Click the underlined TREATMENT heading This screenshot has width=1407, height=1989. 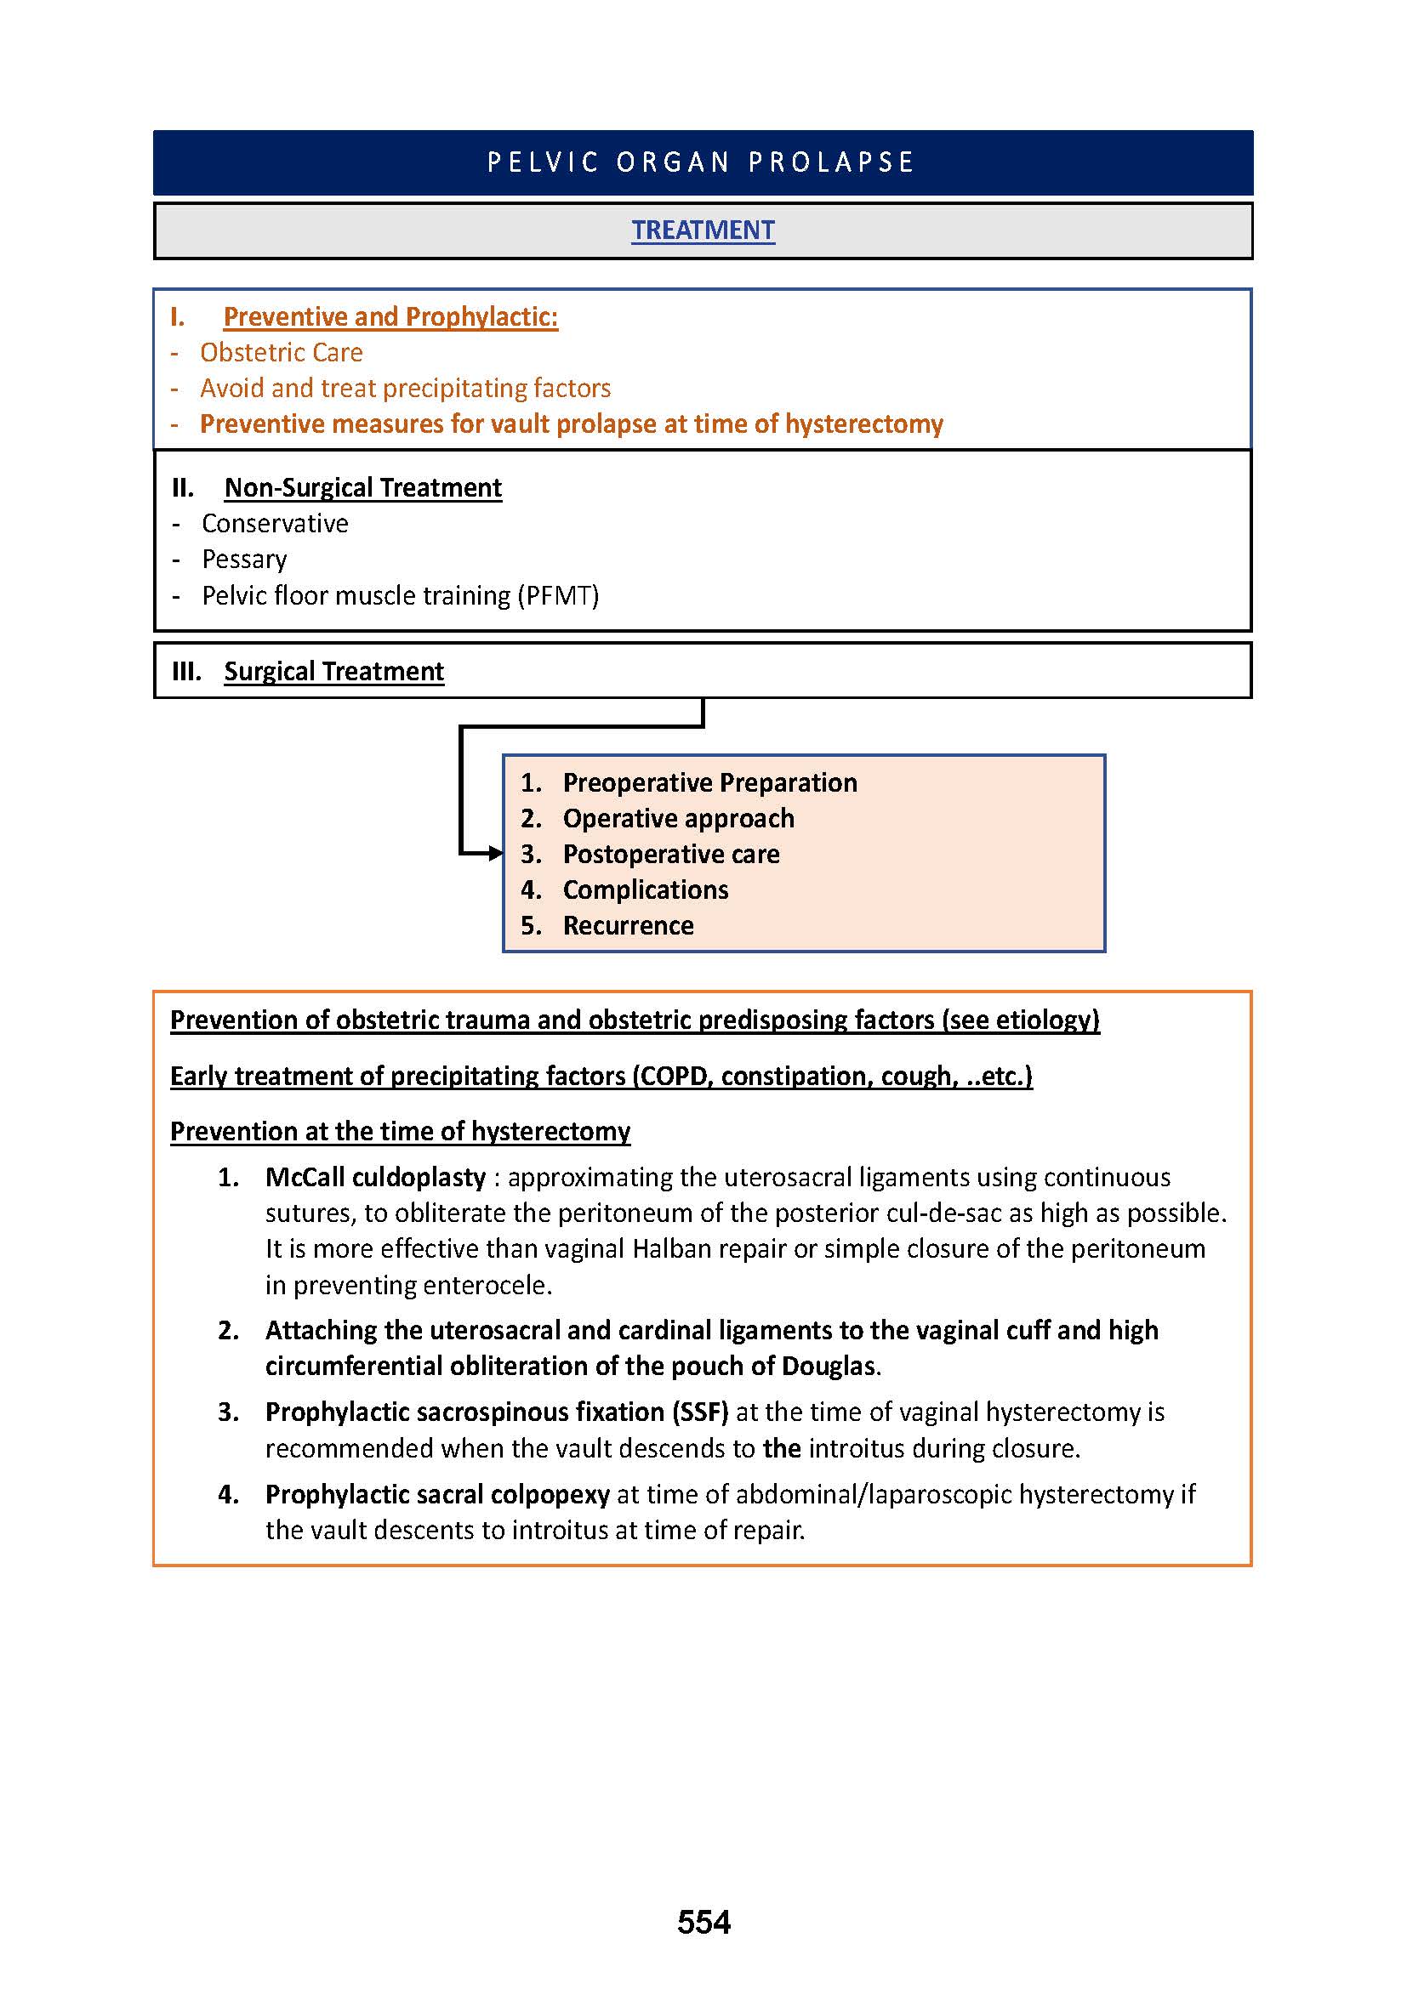[x=703, y=230]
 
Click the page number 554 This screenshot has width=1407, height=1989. [x=703, y=1922]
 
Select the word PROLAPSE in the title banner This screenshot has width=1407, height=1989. [x=831, y=163]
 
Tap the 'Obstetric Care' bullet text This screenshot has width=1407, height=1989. [x=281, y=353]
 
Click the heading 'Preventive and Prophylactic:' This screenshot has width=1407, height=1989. [x=390, y=317]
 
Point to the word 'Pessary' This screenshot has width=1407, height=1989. [x=244, y=560]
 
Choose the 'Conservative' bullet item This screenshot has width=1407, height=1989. [x=275, y=523]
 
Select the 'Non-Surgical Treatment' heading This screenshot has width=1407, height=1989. [x=362, y=488]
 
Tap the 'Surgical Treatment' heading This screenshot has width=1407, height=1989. [x=333, y=672]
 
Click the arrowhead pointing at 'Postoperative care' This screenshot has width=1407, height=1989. [x=496, y=854]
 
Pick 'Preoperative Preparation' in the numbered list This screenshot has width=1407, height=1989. [x=709, y=783]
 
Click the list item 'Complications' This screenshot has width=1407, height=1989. [x=646, y=889]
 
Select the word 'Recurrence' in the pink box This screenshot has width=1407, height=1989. [x=628, y=926]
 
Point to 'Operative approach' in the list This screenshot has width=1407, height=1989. [x=678, y=819]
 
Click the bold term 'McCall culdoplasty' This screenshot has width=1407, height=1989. [x=375, y=1177]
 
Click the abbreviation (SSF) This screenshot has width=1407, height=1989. [x=700, y=1412]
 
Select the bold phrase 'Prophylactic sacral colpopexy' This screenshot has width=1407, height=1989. [x=437, y=1494]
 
